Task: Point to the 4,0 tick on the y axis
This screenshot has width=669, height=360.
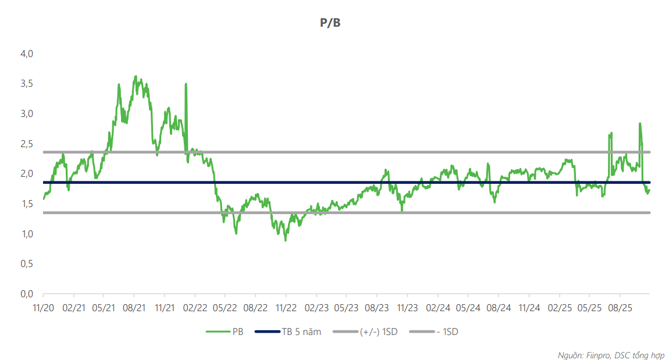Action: tap(27, 54)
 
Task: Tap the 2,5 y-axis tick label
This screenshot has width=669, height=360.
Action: tap(27, 144)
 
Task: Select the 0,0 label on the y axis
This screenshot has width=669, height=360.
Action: tap(27, 294)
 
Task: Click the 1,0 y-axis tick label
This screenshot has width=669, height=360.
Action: tap(27, 234)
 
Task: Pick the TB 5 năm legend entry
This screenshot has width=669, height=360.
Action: tap(297, 332)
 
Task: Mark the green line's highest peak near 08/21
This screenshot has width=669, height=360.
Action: tap(136, 76)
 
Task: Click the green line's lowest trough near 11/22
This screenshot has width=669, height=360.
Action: tap(286, 240)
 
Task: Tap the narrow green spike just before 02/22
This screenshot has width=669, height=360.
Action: tap(186, 84)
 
